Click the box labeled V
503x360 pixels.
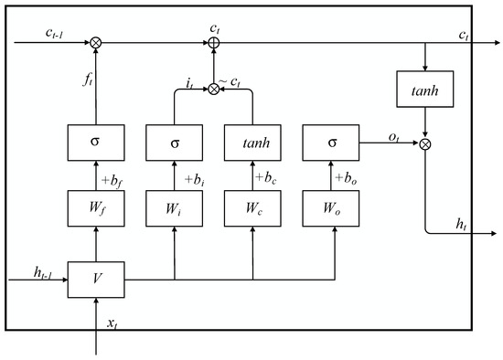pyautogui.click(x=95, y=278)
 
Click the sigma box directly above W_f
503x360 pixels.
pyautogui.click(x=95, y=143)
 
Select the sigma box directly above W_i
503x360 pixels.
pyautogui.click(x=174, y=143)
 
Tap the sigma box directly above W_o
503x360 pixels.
pyautogui.click(x=331, y=143)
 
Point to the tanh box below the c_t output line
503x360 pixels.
pyautogui.click(x=425, y=89)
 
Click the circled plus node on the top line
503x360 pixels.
pyautogui.click(x=213, y=41)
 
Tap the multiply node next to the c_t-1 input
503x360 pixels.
pyautogui.click(x=95, y=41)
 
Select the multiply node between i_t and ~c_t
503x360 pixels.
pyautogui.click(x=213, y=89)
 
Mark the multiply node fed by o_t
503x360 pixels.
pyautogui.click(x=425, y=143)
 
